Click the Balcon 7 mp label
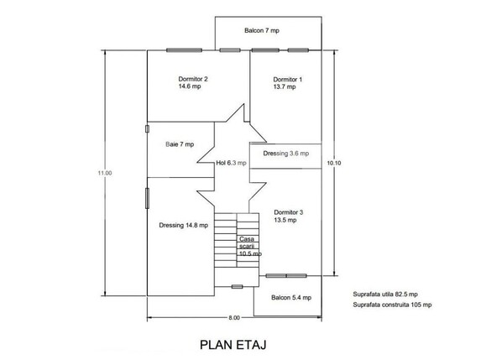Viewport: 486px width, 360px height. [262, 30]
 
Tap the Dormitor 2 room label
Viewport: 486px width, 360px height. [193, 82]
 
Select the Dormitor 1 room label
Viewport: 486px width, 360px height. [287, 83]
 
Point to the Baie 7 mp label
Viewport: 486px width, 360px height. [180, 144]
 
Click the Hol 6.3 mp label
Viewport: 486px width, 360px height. [231, 163]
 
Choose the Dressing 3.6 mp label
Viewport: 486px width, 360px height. [285, 154]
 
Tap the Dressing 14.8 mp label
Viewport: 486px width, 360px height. [184, 225]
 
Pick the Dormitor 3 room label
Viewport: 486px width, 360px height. [288, 216]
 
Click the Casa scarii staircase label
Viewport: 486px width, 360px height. [250, 247]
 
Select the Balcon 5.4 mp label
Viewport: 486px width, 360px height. [291, 298]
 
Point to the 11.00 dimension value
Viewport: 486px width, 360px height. [105, 173]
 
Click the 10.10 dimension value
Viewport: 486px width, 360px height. [334, 163]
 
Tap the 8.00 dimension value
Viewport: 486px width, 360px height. [234, 317]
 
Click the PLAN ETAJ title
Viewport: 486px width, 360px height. [233, 345]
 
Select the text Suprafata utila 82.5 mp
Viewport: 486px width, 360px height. [385, 295]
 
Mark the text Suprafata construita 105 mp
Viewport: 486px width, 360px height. [392, 305]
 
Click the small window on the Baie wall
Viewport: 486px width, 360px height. [147, 128]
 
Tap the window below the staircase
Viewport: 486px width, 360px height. [237, 287]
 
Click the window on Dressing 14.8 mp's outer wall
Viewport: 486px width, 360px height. [147, 198]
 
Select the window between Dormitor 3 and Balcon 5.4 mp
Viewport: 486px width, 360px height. [286, 276]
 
